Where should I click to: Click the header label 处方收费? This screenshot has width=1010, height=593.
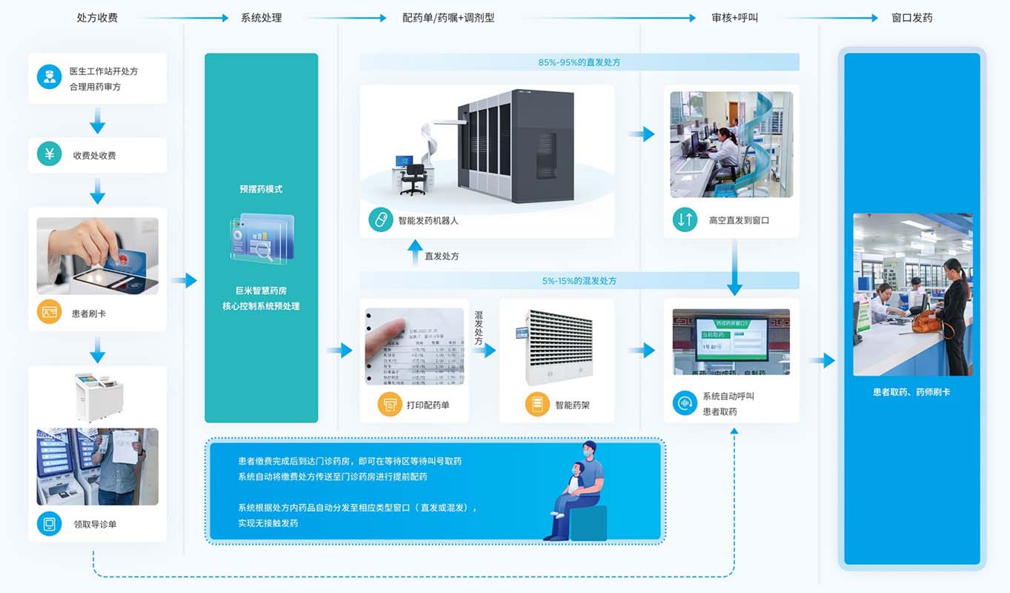(x=97, y=18)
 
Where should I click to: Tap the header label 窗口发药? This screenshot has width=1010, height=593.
(x=911, y=18)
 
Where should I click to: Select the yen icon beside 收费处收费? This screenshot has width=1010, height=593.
(x=50, y=155)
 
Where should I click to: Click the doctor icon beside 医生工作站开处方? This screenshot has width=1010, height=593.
(x=50, y=78)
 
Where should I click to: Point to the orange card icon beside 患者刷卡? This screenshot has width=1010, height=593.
(x=50, y=313)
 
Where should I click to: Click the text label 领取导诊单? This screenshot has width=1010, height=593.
(x=95, y=524)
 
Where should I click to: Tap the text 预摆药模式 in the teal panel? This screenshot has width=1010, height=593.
(x=261, y=189)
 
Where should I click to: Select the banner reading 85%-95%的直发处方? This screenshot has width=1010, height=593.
(x=579, y=62)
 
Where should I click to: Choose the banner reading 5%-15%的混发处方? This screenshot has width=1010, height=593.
(x=579, y=281)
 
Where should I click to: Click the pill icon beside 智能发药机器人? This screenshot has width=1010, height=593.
(x=380, y=220)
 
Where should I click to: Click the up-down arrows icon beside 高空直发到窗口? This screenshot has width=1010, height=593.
(x=685, y=219)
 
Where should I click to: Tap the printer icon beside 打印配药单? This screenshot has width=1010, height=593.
(x=389, y=405)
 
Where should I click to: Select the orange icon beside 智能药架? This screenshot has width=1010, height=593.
(x=537, y=405)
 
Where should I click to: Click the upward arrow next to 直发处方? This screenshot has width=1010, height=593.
(x=416, y=251)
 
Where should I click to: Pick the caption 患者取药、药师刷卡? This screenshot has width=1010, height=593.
(x=911, y=392)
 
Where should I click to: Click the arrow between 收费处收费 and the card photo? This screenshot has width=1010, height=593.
(x=97, y=193)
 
